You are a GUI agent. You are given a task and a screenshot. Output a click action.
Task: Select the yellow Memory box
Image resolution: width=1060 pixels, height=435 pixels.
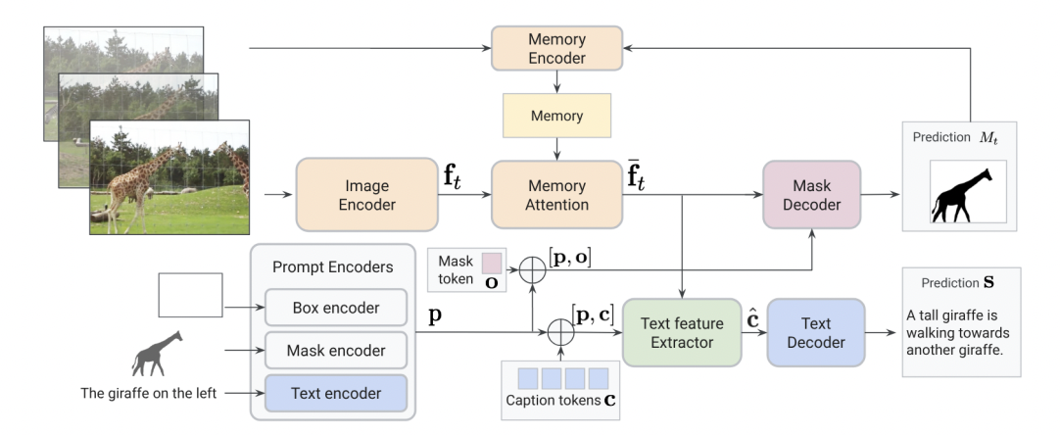click(556, 116)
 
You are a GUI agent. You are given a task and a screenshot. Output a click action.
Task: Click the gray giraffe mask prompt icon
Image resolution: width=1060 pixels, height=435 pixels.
click(158, 353)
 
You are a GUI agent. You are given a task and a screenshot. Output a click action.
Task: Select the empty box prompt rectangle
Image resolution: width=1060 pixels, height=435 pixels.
click(190, 295)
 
